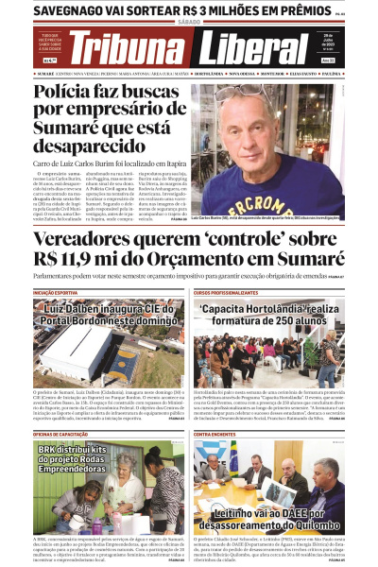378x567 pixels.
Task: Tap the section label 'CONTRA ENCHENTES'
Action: (215, 434)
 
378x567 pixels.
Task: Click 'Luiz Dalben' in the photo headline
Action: (78, 308)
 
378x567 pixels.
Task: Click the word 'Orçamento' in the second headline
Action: (223, 260)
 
